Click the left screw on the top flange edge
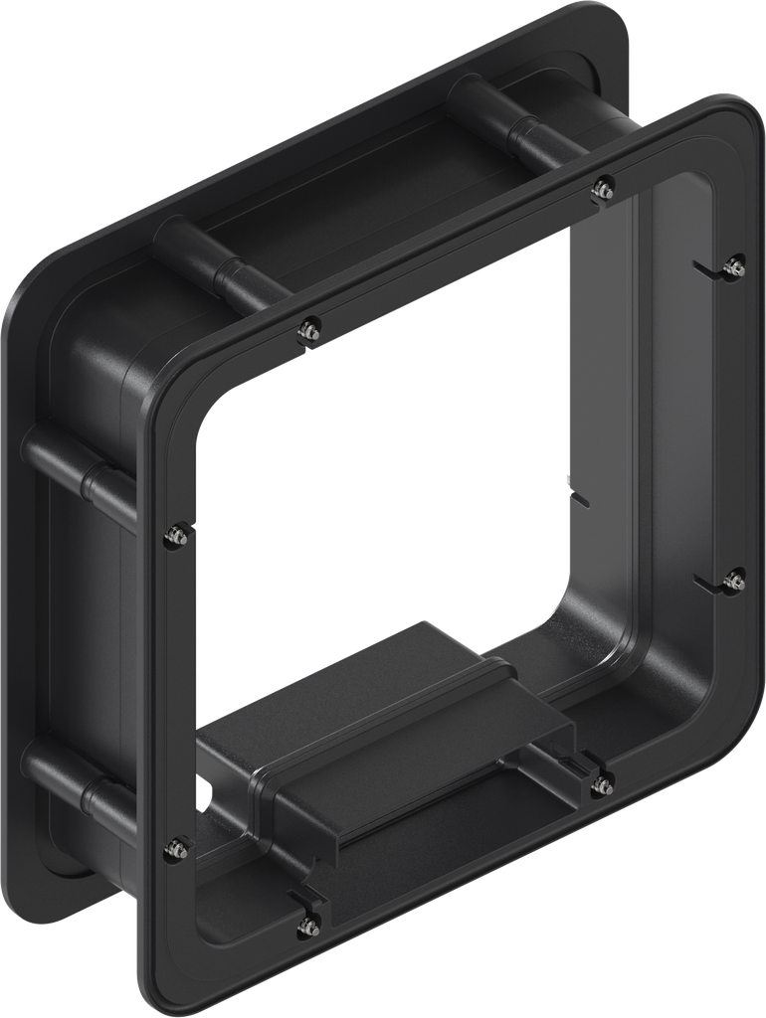click(x=310, y=329)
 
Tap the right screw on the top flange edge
click(x=602, y=187)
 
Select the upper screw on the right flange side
click(x=735, y=265)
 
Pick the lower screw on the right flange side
click(x=735, y=581)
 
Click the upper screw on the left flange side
click(x=176, y=535)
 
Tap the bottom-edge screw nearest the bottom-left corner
click(x=308, y=927)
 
